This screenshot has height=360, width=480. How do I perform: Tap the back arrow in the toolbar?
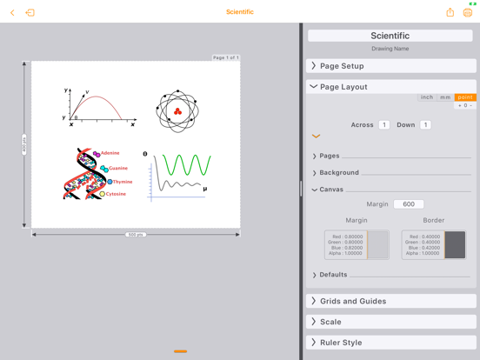click(12, 12)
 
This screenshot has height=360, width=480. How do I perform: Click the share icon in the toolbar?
click(450, 12)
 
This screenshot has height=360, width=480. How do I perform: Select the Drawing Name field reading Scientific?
click(390, 36)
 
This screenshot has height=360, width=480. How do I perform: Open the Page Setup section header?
click(390, 66)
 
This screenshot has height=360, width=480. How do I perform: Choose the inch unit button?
click(427, 97)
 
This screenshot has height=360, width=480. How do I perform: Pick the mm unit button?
click(445, 97)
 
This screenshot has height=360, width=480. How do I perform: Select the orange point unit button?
click(465, 97)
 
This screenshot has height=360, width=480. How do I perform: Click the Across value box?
click(384, 125)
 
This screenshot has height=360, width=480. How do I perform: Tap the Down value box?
click(425, 125)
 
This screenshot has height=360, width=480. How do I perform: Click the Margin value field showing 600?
click(409, 204)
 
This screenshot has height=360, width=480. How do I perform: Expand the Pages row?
click(329, 156)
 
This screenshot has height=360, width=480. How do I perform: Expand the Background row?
click(338, 172)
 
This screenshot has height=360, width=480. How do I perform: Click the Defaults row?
click(332, 275)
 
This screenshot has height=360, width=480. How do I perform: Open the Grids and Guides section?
click(390, 301)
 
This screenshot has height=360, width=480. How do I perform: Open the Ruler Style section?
click(390, 343)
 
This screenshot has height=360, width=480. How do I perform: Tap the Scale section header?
click(390, 322)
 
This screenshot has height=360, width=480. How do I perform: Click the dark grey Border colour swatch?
click(455, 245)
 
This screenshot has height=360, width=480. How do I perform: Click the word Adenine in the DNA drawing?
click(110, 153)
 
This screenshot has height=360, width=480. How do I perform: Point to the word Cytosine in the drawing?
click(115, 194)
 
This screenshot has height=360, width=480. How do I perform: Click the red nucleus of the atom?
click(177, 111)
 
